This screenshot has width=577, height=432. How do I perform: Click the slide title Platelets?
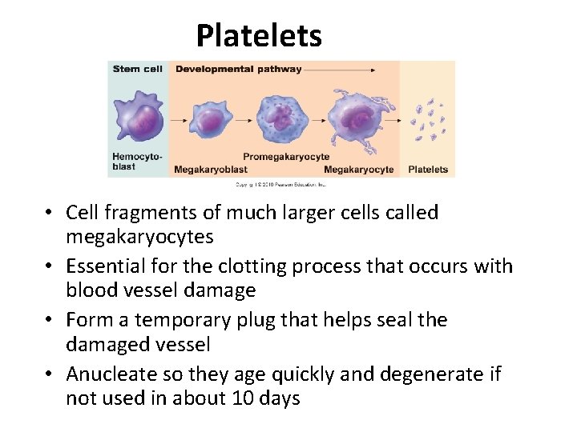(x=259, y=36)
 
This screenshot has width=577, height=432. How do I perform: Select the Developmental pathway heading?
(x=238, y=69)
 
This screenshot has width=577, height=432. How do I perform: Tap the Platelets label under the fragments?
(x=429, y=170)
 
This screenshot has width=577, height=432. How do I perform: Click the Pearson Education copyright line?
(x=281, y=184)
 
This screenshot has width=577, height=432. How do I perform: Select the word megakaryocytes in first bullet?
(x=139, y=237)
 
